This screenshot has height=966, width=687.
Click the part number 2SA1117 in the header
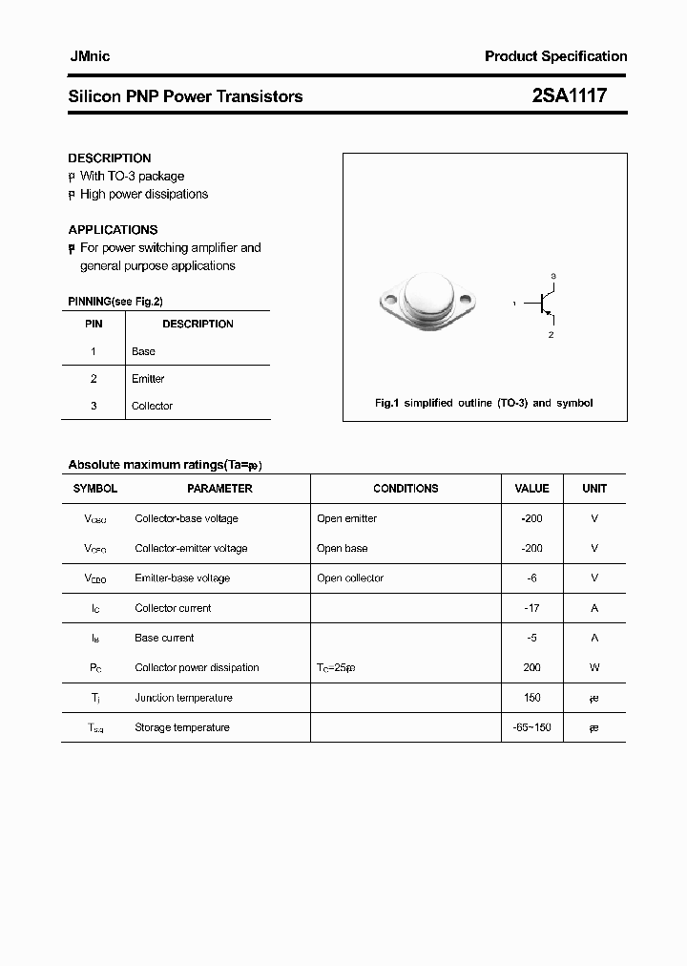point(568,96)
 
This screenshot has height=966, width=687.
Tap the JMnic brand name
point(90,56)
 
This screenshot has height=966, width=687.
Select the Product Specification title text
point(555,56)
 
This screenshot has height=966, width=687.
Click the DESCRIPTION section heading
point(110,158)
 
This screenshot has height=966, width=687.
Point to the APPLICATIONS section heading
point(113,230)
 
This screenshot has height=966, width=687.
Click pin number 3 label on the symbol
point(553,276)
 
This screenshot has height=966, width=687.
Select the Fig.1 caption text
point(484,403)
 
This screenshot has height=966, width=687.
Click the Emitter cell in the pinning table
point(148,379)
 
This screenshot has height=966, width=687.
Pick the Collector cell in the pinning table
point(152,406)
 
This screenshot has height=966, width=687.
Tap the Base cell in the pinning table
point(143,351)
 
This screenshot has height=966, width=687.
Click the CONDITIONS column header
point(406,489)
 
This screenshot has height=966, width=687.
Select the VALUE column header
point(531,489)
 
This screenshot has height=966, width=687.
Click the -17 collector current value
point(531,608)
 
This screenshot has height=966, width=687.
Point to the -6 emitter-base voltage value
point(531,578)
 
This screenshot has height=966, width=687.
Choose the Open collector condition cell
point(350,578)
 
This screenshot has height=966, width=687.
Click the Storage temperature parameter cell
point(182,727)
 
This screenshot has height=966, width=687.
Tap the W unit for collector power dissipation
point(594,668)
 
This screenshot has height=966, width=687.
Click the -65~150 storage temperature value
point(531,727)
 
